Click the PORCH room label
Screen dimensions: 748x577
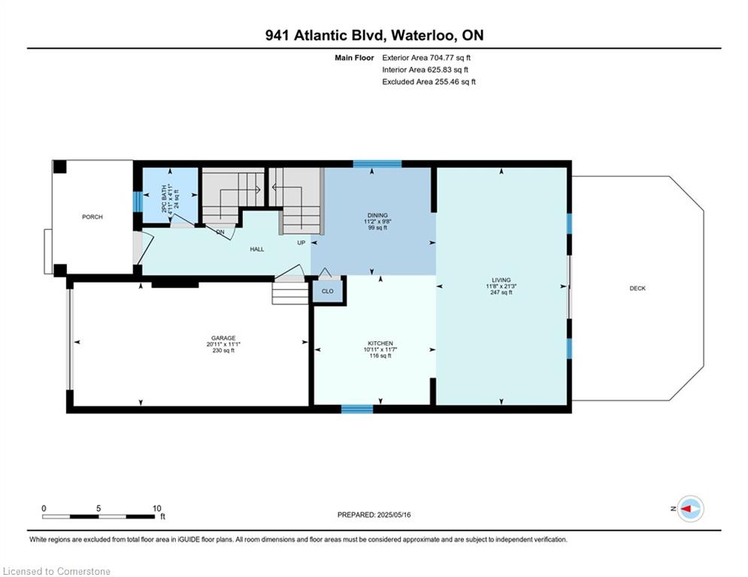click(x=92, y=217)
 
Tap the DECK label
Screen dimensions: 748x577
click(x=637, y=288)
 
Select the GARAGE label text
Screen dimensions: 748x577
click(x=223, y=338)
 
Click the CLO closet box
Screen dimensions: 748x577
click(x=328, y=291)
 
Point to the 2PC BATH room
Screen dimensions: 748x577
click(x=171, y=195)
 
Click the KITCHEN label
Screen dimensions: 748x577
click(x=380, y=343)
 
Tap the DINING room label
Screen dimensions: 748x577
click(x=377, y=215)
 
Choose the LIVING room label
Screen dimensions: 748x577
click(x=501, y=280)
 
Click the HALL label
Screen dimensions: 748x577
click(x=257, y=249)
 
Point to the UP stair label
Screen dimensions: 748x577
click(x=301, y=243)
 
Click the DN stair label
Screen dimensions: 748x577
click(x=220, y=232)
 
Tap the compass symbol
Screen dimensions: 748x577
click(x=690, y=509)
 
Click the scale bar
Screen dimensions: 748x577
click(x=98, y=516)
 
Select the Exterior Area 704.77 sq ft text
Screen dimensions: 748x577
click(x=426, y=58)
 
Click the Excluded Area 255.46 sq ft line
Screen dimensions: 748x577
click(x=429, y=82)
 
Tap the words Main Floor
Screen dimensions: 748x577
click(x=354, y=58)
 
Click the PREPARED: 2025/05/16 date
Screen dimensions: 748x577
click(x=374, y=515)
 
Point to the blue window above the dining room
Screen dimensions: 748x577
click(x=377, y=164)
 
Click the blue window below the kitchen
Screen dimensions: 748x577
click(x=357, y=409)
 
